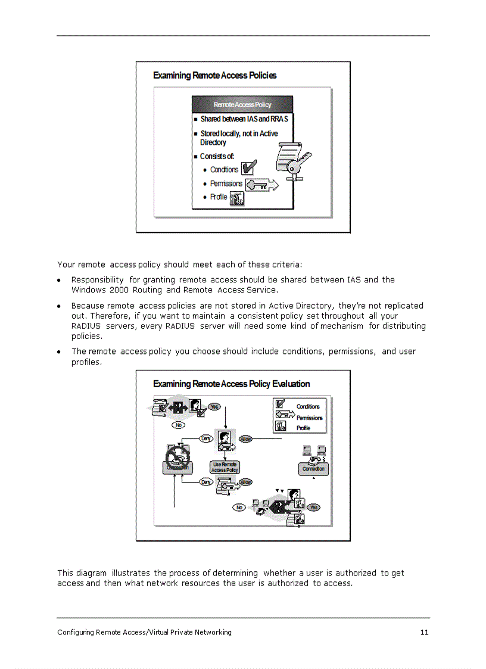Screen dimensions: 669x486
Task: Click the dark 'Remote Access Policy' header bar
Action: pyautogui.click(x=242, y=104)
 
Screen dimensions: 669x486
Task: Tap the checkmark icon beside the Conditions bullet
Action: pyautogui.click(x=248, y=169)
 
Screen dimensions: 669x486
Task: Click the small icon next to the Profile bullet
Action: pyautogui.click(x=237, y=198)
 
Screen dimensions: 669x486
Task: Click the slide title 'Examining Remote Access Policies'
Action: pyautogui.click(x=214, y=76)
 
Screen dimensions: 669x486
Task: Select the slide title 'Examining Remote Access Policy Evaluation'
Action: pyautogui.click(x=231, y=384)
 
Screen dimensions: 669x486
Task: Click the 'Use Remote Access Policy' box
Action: pyautogui.click(x=225, y=467)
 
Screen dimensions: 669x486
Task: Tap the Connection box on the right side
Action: pyautogui.click(x=313, y=469)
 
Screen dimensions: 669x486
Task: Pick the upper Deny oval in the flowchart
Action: pyautogui.click(x=206, y=439)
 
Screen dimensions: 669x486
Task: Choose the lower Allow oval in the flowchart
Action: pyautogui.click(x=245, y=482)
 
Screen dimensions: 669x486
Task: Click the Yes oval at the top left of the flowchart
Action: pyautogui.click(x=214, y=406)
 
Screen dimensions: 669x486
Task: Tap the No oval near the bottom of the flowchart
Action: pyautogui.click(x=239, y=508)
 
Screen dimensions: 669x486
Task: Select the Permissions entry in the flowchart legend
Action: pyautogui.click(x=309, y=418)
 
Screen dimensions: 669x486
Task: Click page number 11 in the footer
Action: pyautogui.click(x=424, y=633)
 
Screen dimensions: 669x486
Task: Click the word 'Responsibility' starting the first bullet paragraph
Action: pyautogui.click(x=98, y=280)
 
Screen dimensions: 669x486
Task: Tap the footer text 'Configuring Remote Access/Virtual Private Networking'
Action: pyautogui.click(x=144, y=633)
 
